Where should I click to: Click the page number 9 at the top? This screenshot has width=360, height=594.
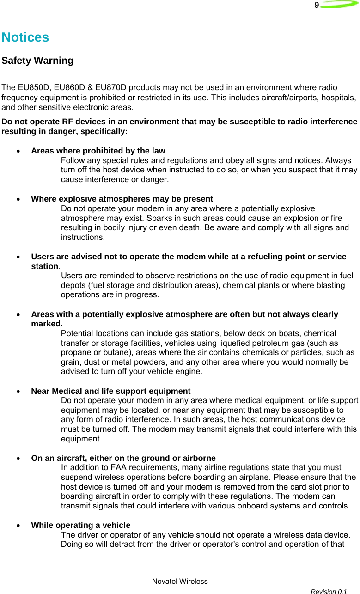pos(317,5)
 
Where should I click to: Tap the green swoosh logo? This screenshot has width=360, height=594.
pos(340,5)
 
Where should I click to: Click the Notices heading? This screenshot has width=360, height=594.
pos(25,37)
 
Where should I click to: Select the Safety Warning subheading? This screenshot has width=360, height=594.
pos(37,61)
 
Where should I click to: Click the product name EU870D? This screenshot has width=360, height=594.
pos(110,87)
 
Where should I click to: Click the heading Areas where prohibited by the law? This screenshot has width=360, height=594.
pos(98,151)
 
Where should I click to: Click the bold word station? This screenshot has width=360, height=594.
pos(45,266)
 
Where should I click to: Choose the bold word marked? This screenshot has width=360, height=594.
pos(46,324)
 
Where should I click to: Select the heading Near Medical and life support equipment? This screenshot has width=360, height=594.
pos(110,391)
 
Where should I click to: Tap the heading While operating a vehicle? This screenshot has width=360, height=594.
pos(80,525)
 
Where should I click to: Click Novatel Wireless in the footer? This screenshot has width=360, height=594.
pos(180,581)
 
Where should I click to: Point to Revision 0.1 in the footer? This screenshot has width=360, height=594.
pos(329,591)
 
